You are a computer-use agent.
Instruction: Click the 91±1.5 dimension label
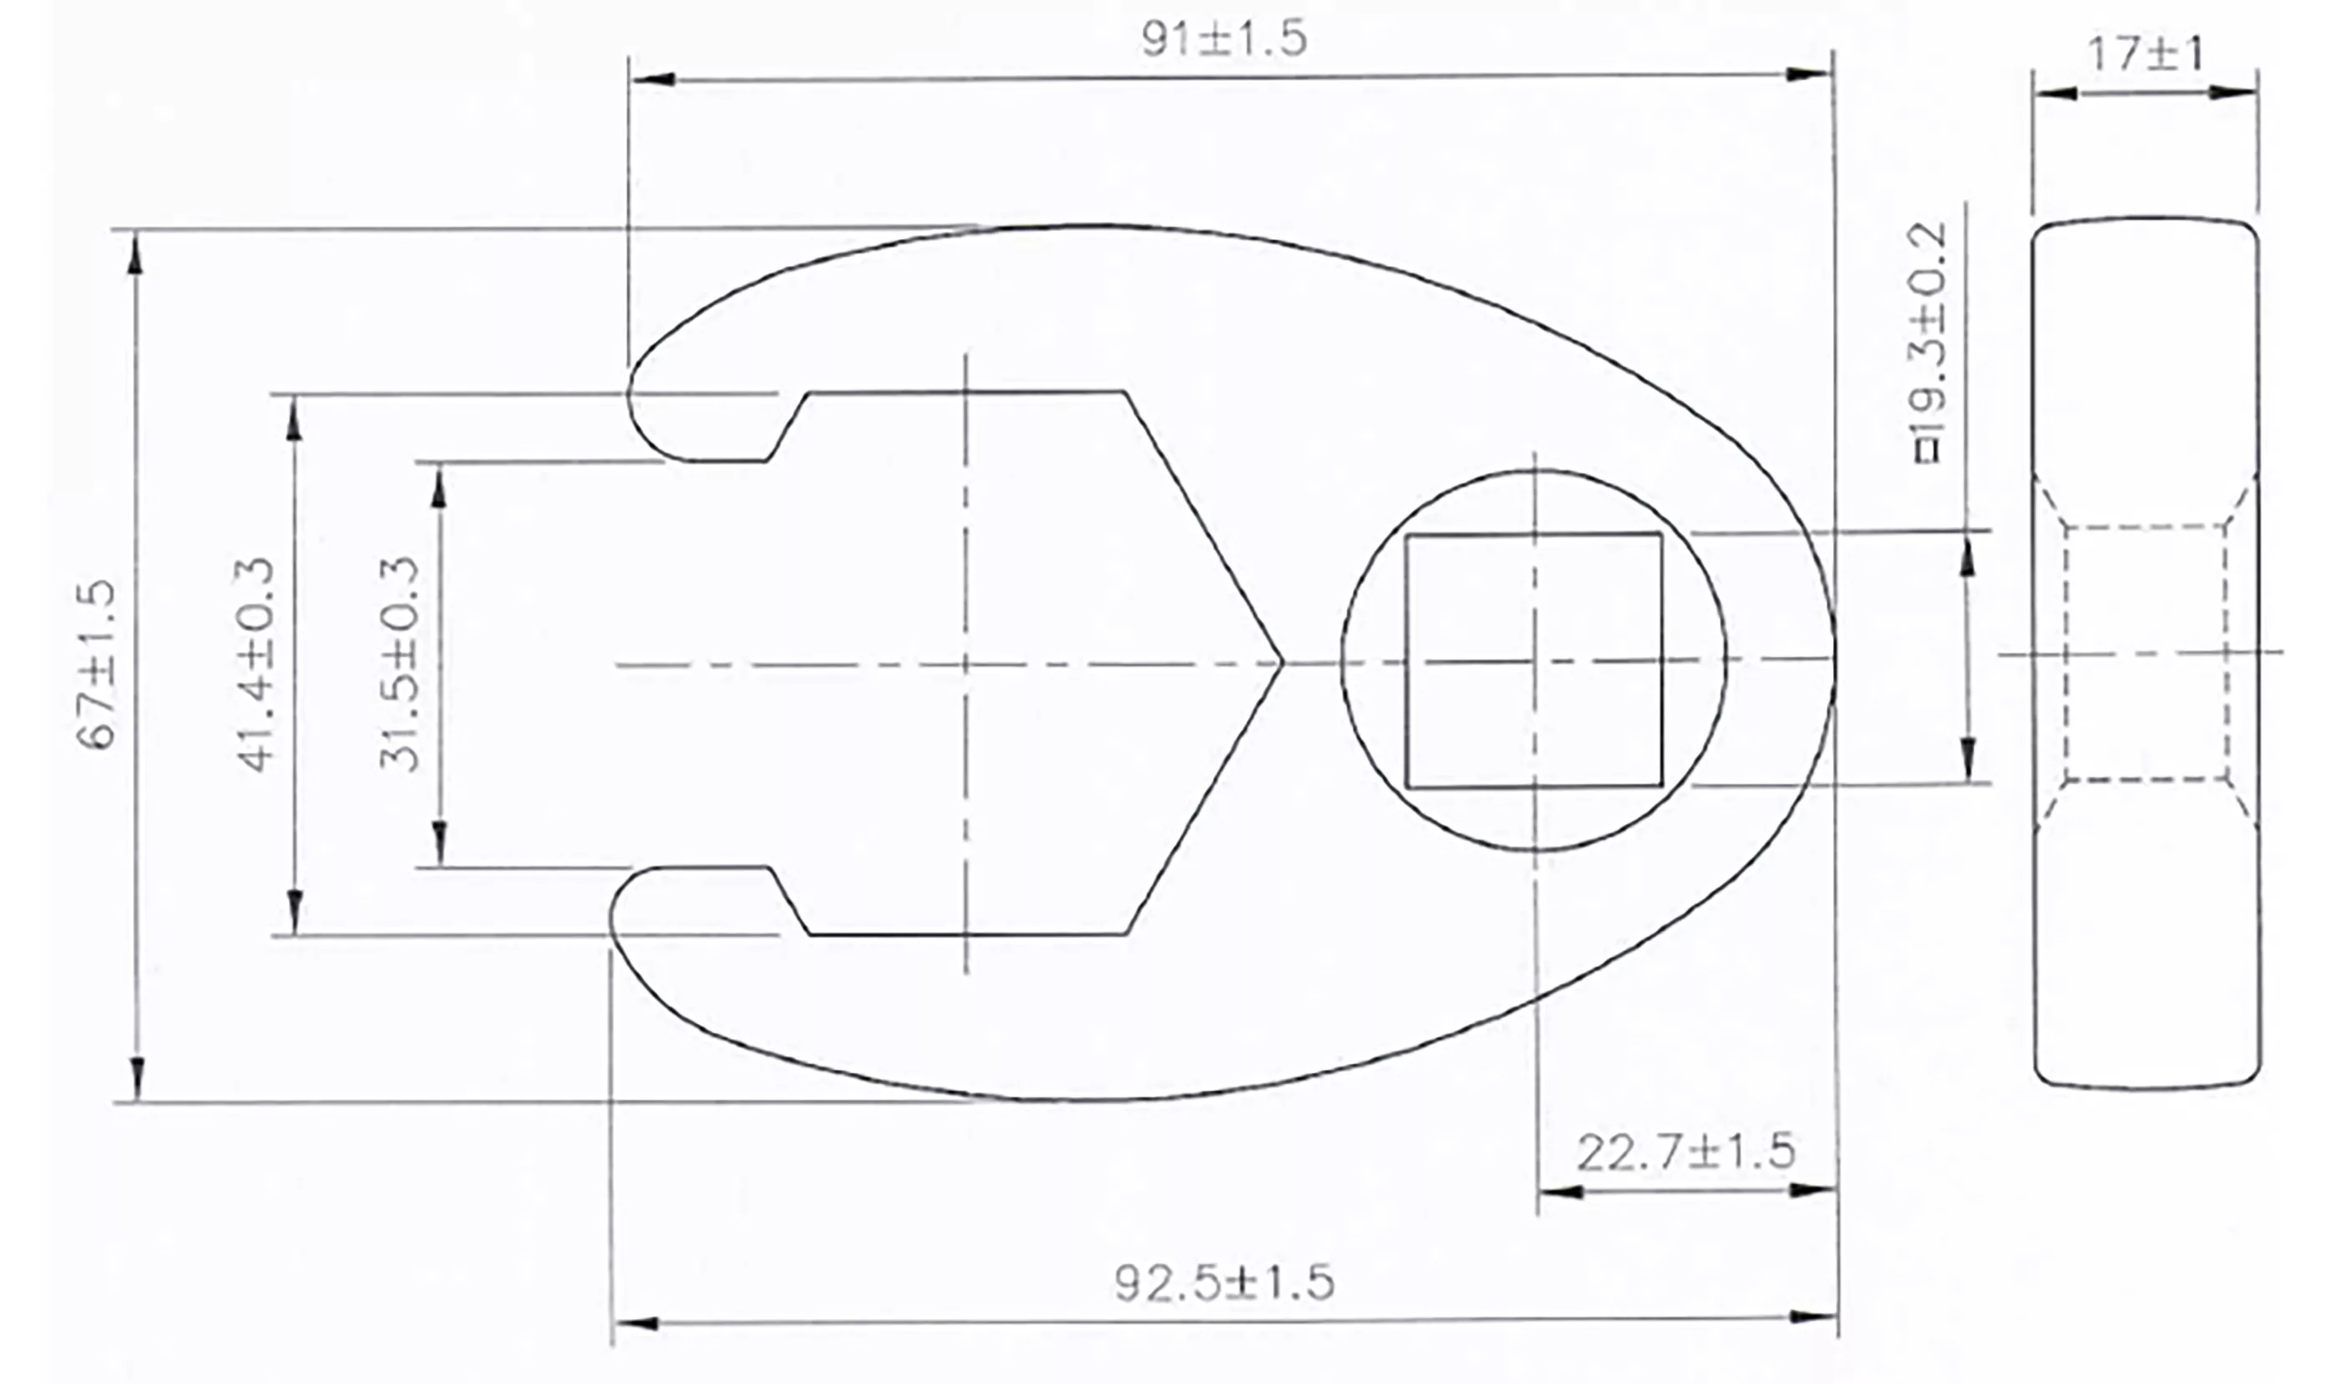pyautogui.click(x=1224, y=39)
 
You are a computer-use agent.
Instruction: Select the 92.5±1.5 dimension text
pyautogui.click(x=1224, y=1282)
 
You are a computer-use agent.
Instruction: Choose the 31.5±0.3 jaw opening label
pyautogui.click(x=399, y=664)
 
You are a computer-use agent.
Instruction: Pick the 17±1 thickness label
pyautogui.click(x=2145, y=54)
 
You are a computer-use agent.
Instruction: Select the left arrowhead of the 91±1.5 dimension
pyautogui.click(x=653, y=78)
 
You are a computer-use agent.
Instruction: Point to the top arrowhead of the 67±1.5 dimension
pyautogui.click(x=136, y=252)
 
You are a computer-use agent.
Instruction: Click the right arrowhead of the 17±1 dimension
pyautogui.click(x=2233, y=93)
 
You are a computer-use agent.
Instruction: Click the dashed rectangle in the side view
pyautogui.click(x=2145, y=653)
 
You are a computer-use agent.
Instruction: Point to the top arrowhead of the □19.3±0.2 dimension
pyautogui.click(x=1967, y=556)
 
